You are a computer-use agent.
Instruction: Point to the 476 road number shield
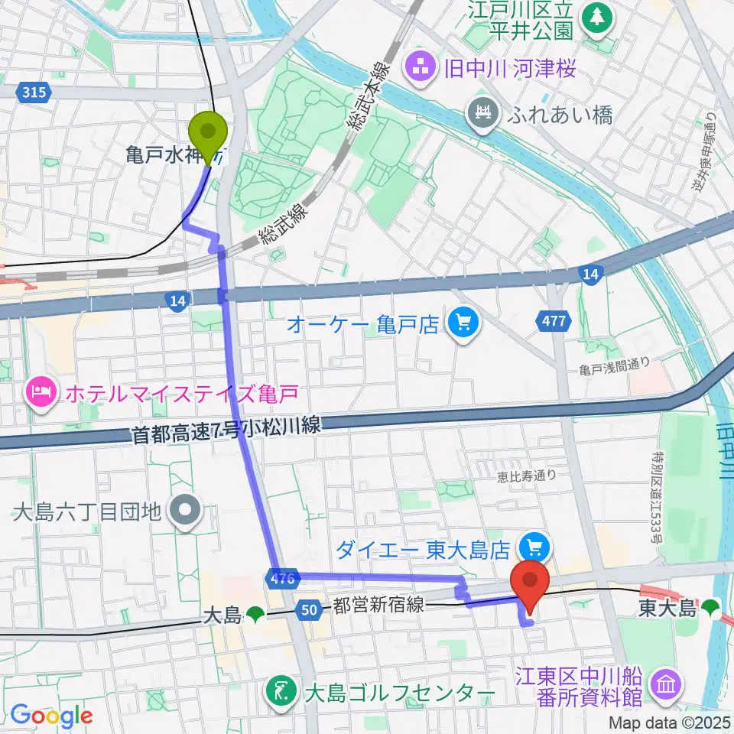(282, 580)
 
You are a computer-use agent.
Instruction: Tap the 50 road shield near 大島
(309, 609)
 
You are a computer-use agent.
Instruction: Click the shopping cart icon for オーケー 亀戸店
(461, 324)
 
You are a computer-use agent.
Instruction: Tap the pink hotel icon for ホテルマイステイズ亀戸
(38, 394)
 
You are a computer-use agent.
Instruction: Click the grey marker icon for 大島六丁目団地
(184, 509)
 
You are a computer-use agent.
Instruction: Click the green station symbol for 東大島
(711, 609)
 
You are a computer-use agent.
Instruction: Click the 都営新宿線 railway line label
(378, 606)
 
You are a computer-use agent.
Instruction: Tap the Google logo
(51, 716)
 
